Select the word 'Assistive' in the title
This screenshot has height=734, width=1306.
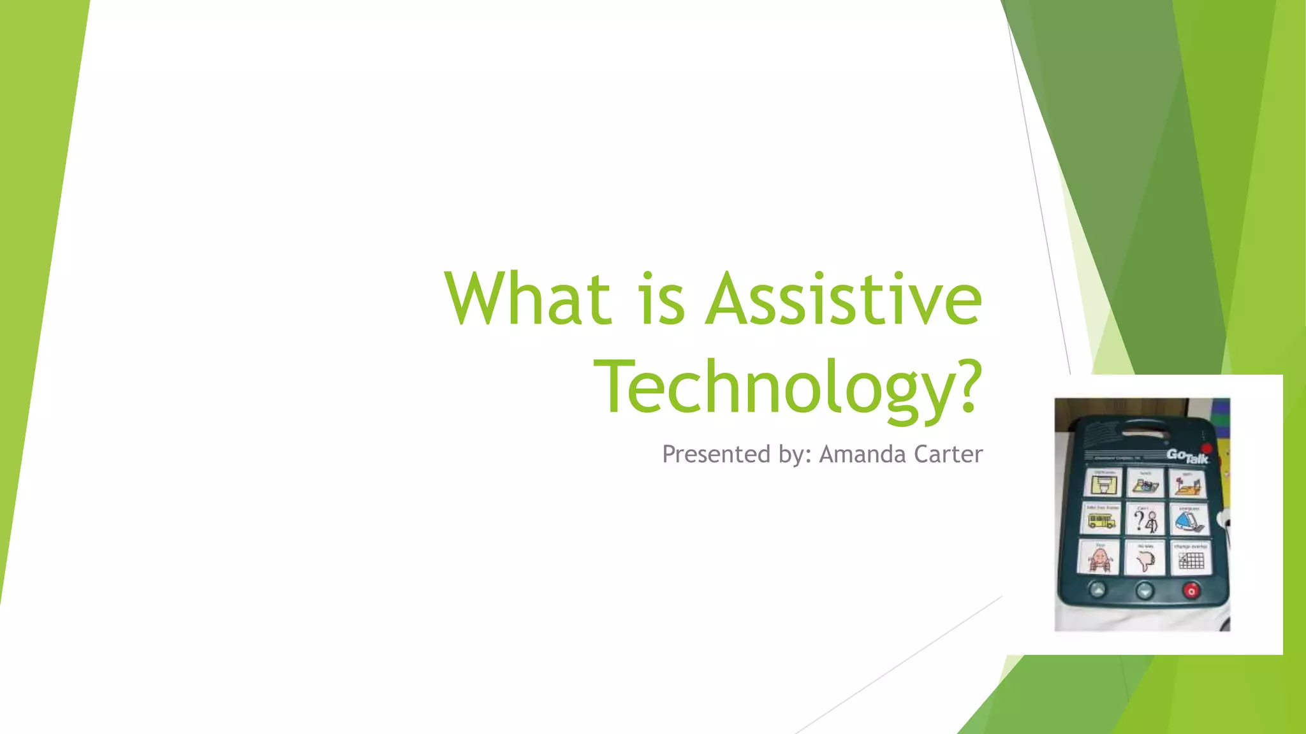[843, 298]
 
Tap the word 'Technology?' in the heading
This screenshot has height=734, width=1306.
[788, 387]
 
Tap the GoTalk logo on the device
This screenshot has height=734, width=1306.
[1187, 456]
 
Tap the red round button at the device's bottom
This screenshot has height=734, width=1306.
[1191, 591]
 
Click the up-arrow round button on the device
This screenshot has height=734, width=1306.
[1097, 590]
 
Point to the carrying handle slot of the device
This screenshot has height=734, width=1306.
[1144, 435]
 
